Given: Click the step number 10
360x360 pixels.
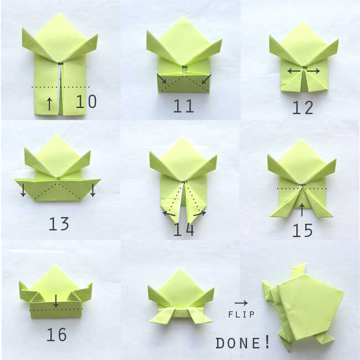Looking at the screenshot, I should [x=86, y=101].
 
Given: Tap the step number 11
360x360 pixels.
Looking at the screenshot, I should [x=183, y=105].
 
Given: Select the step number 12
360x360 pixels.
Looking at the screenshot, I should [x=303, y=107].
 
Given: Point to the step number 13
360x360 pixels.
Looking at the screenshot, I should [x=58, y=224].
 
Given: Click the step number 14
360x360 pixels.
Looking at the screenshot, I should [x=183, y=229].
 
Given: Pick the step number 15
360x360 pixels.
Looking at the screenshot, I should [x=302, y=230].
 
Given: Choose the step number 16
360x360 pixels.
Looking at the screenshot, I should [x=56, y=335].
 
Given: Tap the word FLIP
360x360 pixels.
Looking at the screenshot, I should [x=241, y=315].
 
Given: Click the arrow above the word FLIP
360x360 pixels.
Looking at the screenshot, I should [x=241, y=303].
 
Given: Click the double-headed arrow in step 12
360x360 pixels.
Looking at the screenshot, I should [x=304, y=71].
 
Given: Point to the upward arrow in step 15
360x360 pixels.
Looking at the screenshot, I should [x=302, y=209].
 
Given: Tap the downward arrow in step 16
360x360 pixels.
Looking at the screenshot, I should [x=56, y=301].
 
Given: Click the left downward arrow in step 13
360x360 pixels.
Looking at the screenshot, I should [x=23, y=190].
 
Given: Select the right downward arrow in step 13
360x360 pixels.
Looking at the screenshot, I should [x=92, y=190].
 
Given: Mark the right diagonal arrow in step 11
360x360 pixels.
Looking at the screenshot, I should [x=205, y=80].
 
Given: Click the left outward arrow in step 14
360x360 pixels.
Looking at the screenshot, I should [x=167, y=213].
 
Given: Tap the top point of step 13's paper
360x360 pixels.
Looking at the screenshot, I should [x=57, y=136].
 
